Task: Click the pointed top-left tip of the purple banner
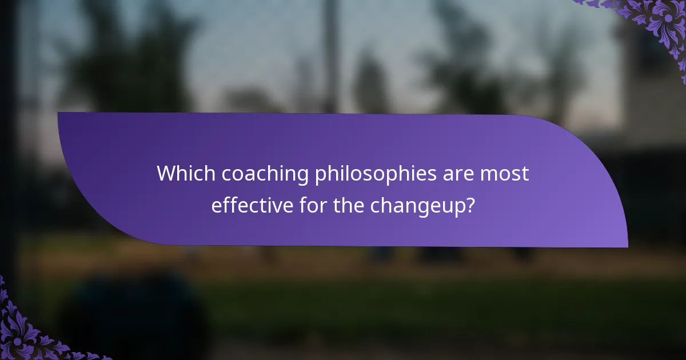pos(59,114)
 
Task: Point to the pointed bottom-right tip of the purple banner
pos(627,246)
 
